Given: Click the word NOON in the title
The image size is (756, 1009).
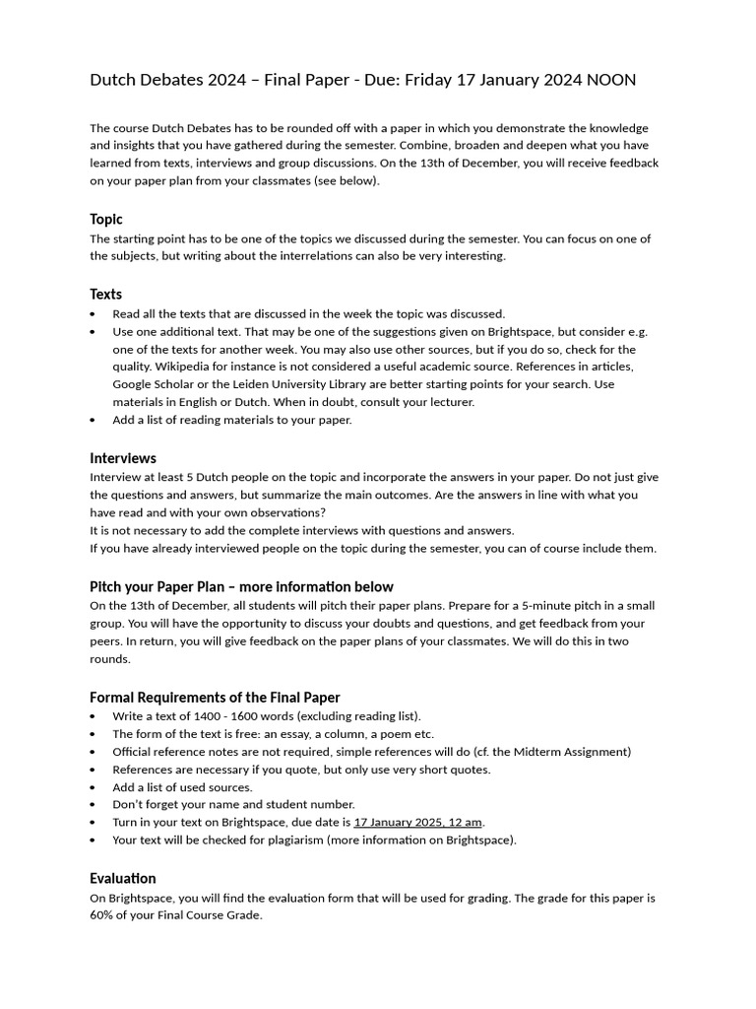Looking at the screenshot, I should coord(611,80).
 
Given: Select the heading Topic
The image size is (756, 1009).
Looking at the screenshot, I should coord(106,219).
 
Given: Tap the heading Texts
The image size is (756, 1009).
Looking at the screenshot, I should coord(106,294).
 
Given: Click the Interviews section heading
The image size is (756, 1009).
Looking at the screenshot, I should coord(123,458).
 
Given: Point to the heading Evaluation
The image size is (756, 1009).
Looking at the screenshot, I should coord(123,878).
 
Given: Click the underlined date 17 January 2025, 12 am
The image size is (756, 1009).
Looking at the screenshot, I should coord(418,822).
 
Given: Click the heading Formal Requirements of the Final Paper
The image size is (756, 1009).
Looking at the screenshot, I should coord(215,697).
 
